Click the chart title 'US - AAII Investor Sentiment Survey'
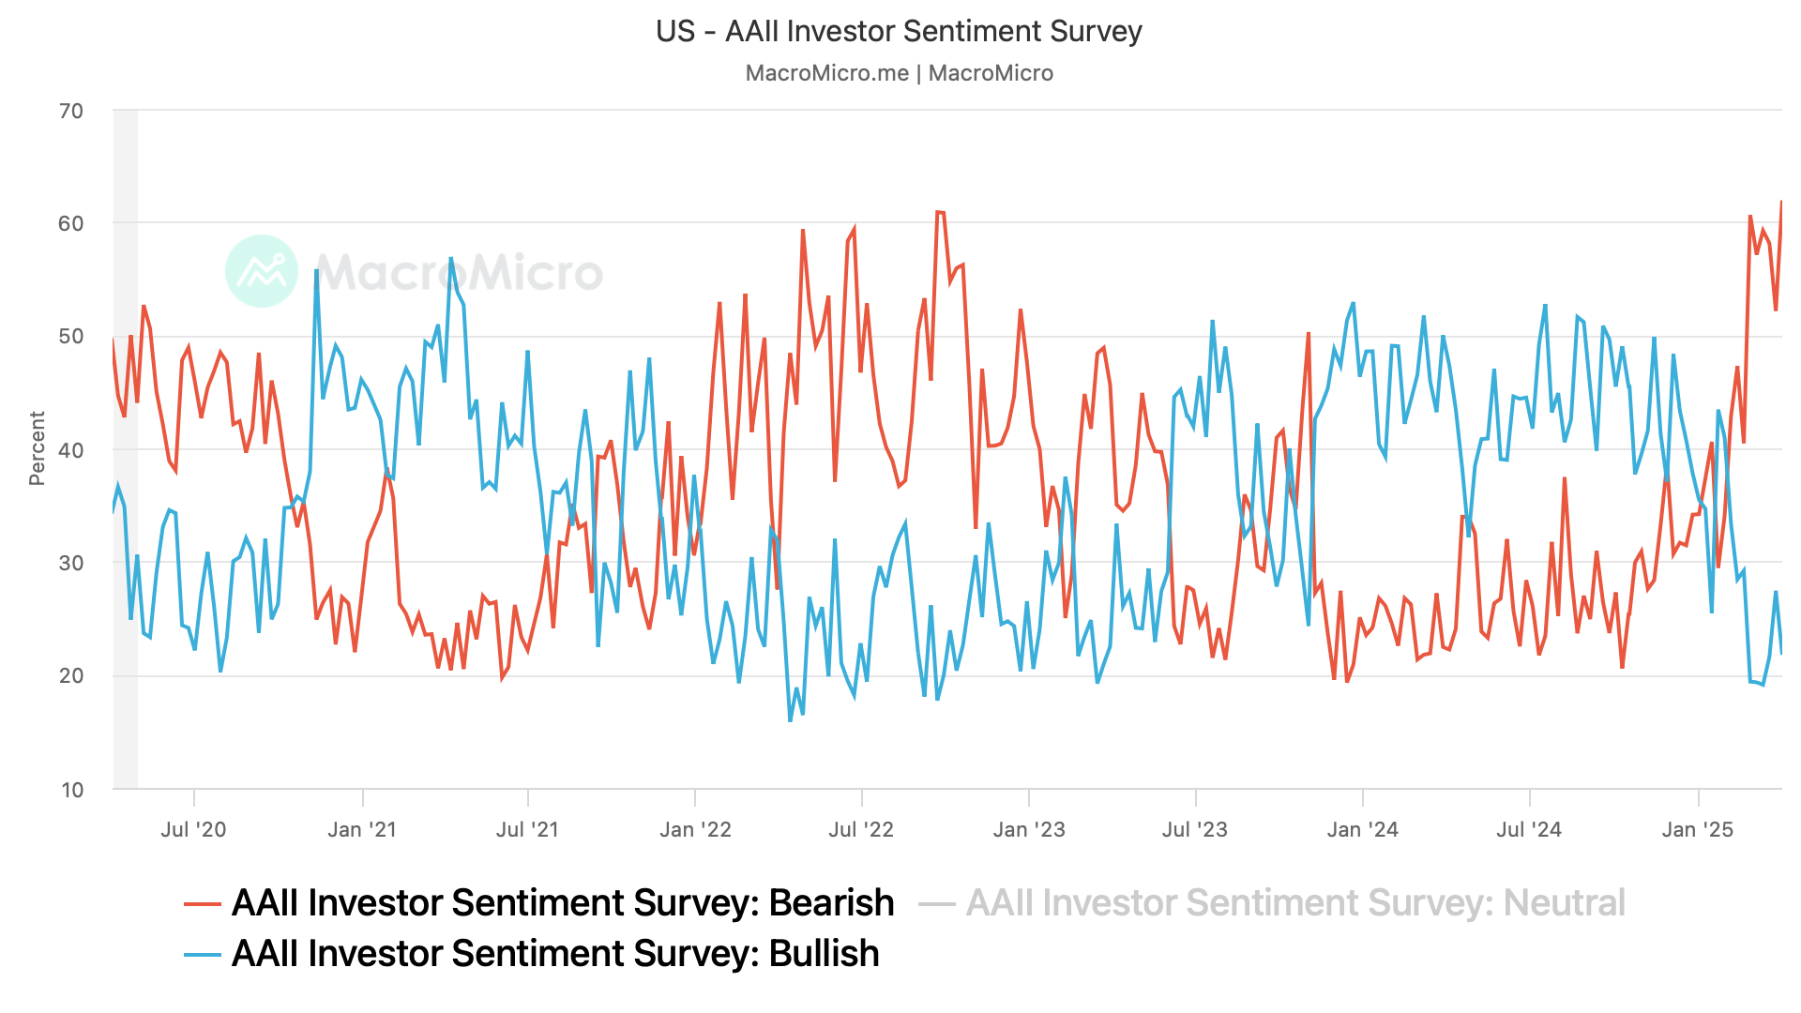[899, 31]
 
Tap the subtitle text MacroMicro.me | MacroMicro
[899, 73]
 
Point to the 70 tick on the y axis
[71, 111]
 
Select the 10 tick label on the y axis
[72, 790]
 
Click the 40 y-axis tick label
[71, 450]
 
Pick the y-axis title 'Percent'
[37, 448]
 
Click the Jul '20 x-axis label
[193, 829]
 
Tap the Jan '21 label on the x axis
[362, 829]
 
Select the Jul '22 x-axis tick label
[861, 829]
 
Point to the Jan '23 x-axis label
[1029, 829]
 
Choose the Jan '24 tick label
[1362, 829]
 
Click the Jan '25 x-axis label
[1698, 829]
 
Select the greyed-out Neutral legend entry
[1295, 902]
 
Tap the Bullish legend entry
[555, 953]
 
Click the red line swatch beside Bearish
[203, 903]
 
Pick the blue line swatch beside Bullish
[203, 954]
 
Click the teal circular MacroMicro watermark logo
[262, 271]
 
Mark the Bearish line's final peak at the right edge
[1781, 202]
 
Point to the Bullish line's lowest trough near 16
[791, 720]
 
